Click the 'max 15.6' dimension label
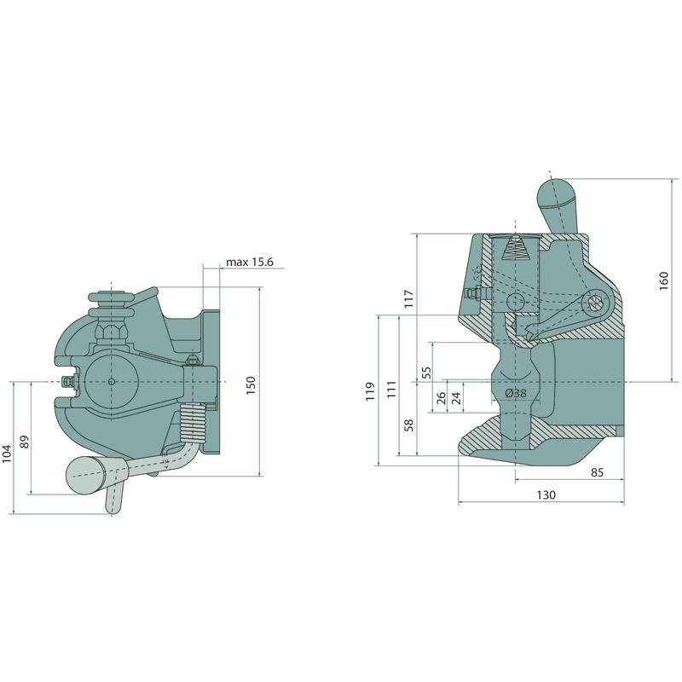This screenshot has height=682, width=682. point(250,263)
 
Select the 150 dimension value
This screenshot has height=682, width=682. point(251,385)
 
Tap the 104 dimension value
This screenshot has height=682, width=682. point(6,454)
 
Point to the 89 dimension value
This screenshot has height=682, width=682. point(25,442)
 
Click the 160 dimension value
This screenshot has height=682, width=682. point(664,281)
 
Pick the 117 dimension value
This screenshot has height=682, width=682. point(409,299)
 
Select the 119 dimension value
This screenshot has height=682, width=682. point(370,391)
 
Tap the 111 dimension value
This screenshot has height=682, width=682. point(392,390)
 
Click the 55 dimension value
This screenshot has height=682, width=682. point(427,373)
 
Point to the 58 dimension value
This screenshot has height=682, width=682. point(409,425)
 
